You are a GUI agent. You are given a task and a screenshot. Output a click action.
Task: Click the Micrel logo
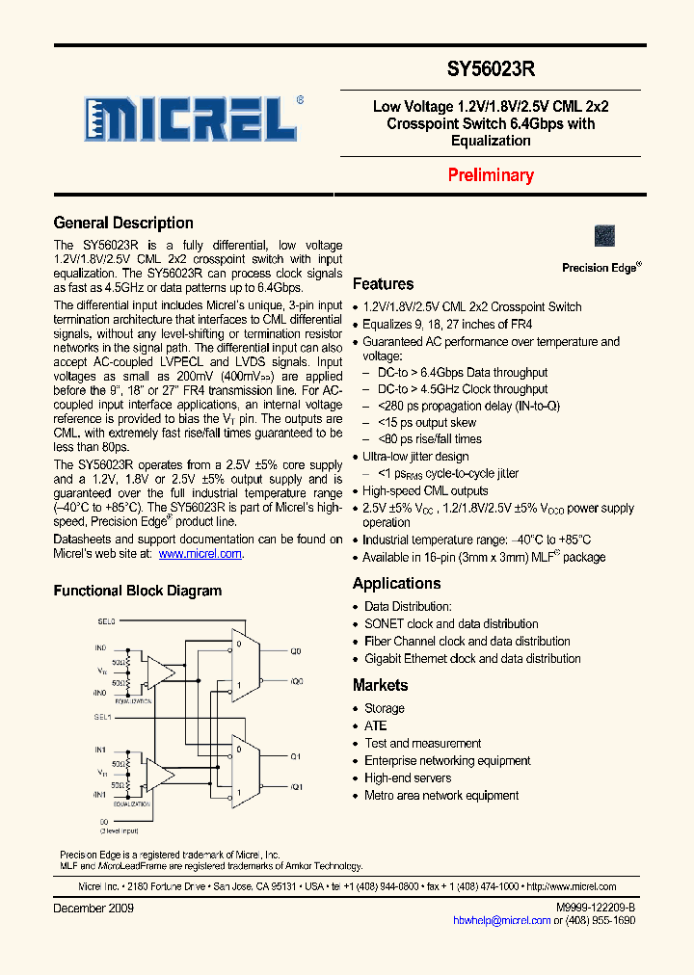point(191,121)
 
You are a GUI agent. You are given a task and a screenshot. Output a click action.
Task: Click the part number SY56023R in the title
point(491,70)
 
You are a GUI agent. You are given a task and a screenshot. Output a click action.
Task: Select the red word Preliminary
point(491,175)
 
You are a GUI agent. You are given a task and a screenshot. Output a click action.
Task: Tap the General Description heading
point(123,224)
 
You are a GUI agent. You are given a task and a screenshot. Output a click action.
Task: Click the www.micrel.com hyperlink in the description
point(200,554)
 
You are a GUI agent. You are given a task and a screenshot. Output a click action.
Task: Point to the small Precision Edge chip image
point(604,236)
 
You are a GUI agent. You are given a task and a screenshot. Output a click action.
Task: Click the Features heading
point(383,284)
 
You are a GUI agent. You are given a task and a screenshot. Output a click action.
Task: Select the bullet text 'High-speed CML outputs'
point(426,491)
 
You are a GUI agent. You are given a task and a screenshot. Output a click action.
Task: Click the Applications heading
point(396,584)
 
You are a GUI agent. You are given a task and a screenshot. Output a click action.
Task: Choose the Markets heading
point(380,686)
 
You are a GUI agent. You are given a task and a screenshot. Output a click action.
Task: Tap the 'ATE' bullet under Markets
point(375,725)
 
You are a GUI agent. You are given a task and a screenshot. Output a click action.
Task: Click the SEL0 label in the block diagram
point(105,621)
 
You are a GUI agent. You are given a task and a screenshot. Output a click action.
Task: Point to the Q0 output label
point(296,652)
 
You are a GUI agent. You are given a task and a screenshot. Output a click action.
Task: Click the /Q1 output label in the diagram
point(296,787)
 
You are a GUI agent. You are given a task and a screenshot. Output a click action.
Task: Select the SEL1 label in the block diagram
point(104,718)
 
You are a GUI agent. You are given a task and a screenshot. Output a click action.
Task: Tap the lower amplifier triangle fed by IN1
point(160,772)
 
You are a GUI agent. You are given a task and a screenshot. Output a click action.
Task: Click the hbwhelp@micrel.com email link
point(502,921)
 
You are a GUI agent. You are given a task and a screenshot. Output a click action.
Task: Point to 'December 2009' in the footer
point(93,909)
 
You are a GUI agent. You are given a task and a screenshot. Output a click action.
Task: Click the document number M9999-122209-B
point(595,909)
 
